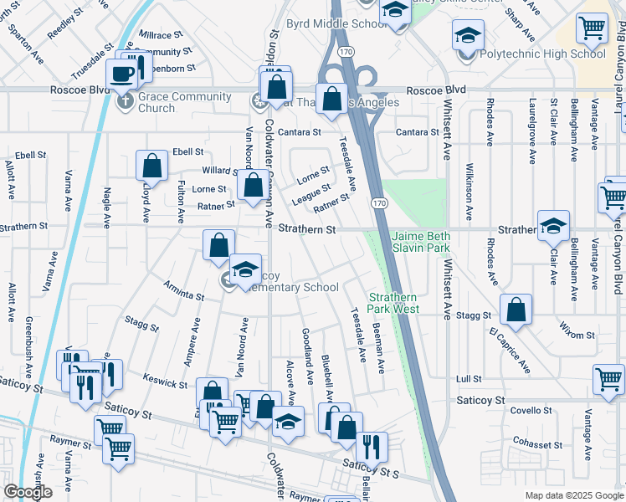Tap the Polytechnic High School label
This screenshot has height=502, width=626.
coord(543,54)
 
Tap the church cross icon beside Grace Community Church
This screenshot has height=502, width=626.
coord(124,102)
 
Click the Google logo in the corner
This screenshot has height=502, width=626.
coord(28,493)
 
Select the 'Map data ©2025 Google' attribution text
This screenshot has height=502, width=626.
coord(573,495)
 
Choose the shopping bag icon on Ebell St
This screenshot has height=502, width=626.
coord(152,165)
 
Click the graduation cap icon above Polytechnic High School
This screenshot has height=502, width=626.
coord(468,35)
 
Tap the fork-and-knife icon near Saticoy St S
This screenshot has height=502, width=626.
coord(372,448)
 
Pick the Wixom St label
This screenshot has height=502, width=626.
coord(577,335)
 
